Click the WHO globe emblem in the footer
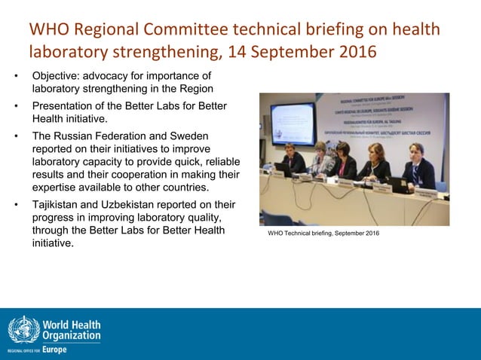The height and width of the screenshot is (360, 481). point(23,331)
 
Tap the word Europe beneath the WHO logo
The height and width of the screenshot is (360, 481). point(54,350)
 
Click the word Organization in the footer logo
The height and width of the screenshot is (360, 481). point(72,335)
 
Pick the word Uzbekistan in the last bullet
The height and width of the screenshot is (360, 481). point(145,204)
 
